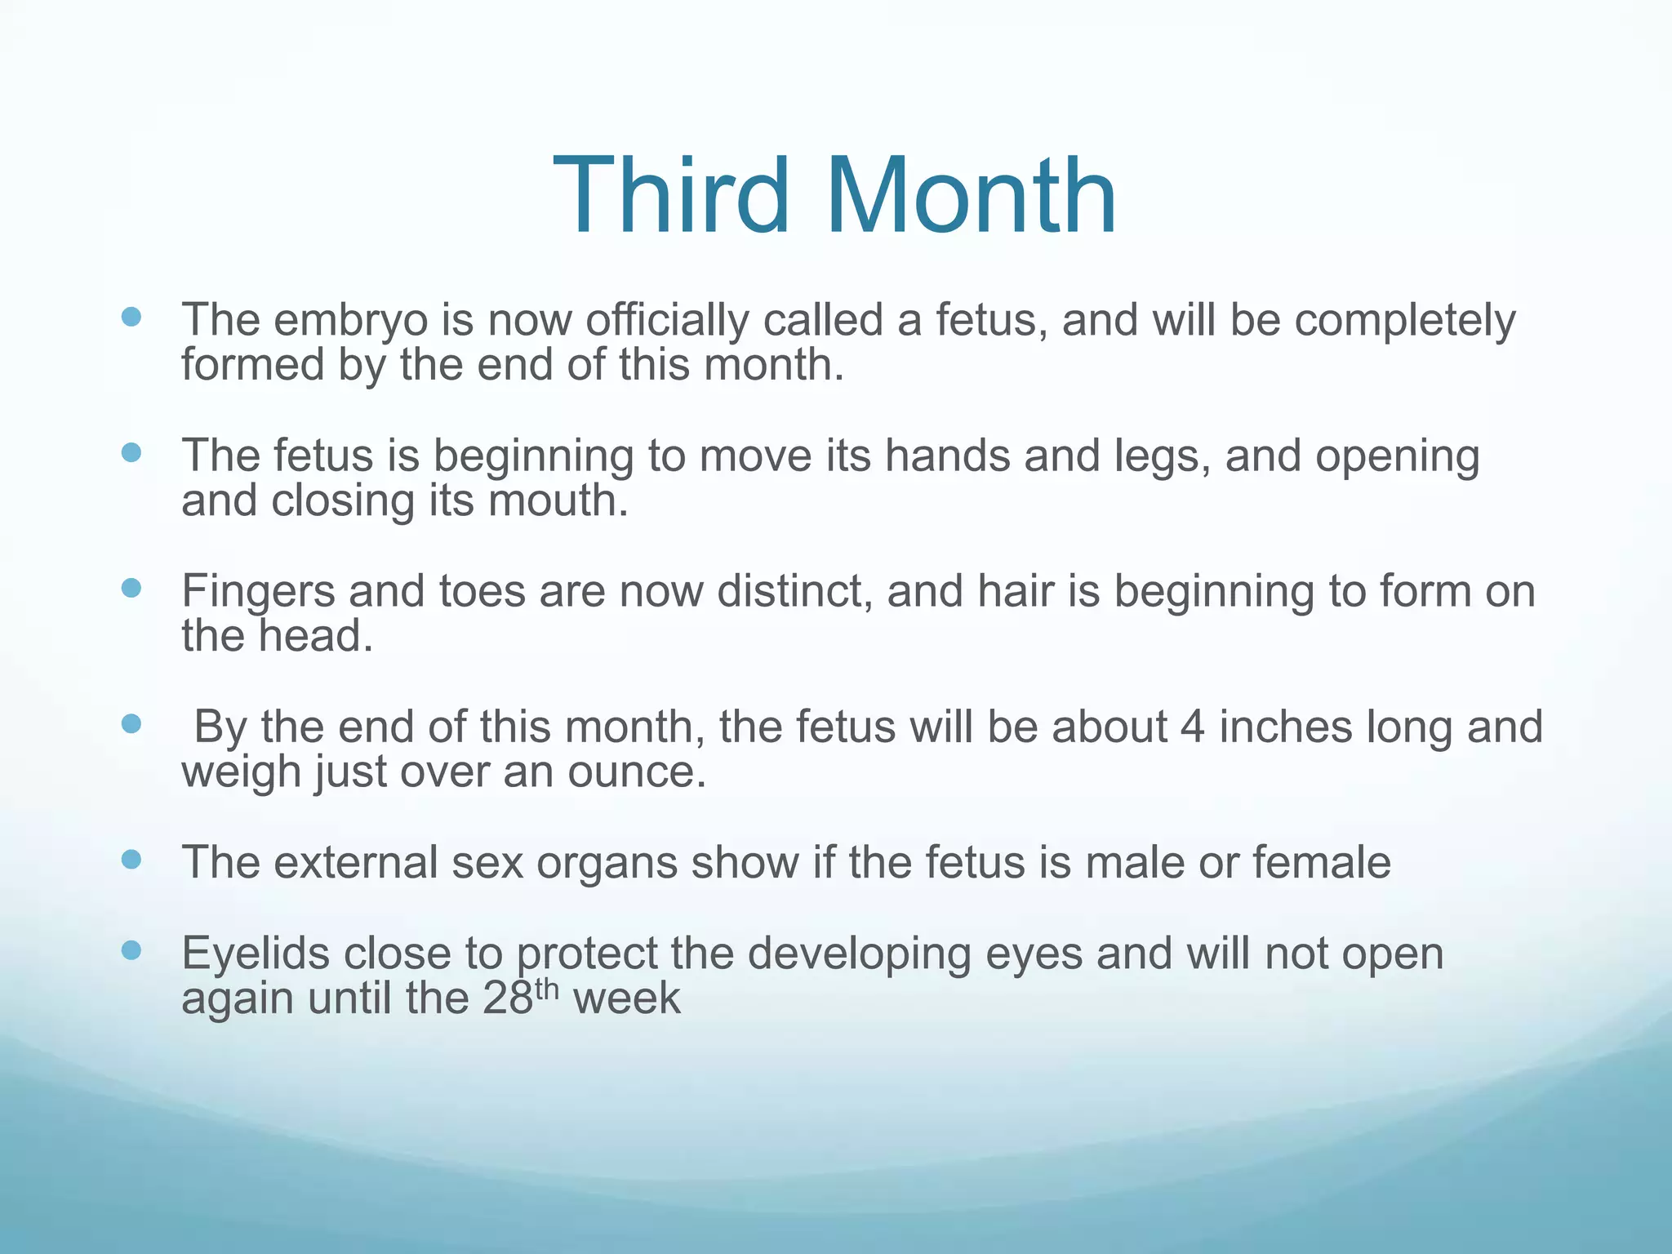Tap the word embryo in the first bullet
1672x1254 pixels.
click(351, 320)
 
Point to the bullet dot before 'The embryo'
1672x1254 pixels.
click(131, 317)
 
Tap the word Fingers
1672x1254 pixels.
click(258, 592)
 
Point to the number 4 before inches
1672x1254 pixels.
click(1193, 727)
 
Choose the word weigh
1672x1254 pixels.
click(242, 773)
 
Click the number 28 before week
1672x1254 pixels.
click(508, 998)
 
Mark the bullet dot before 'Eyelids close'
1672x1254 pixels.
click(131, 949)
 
